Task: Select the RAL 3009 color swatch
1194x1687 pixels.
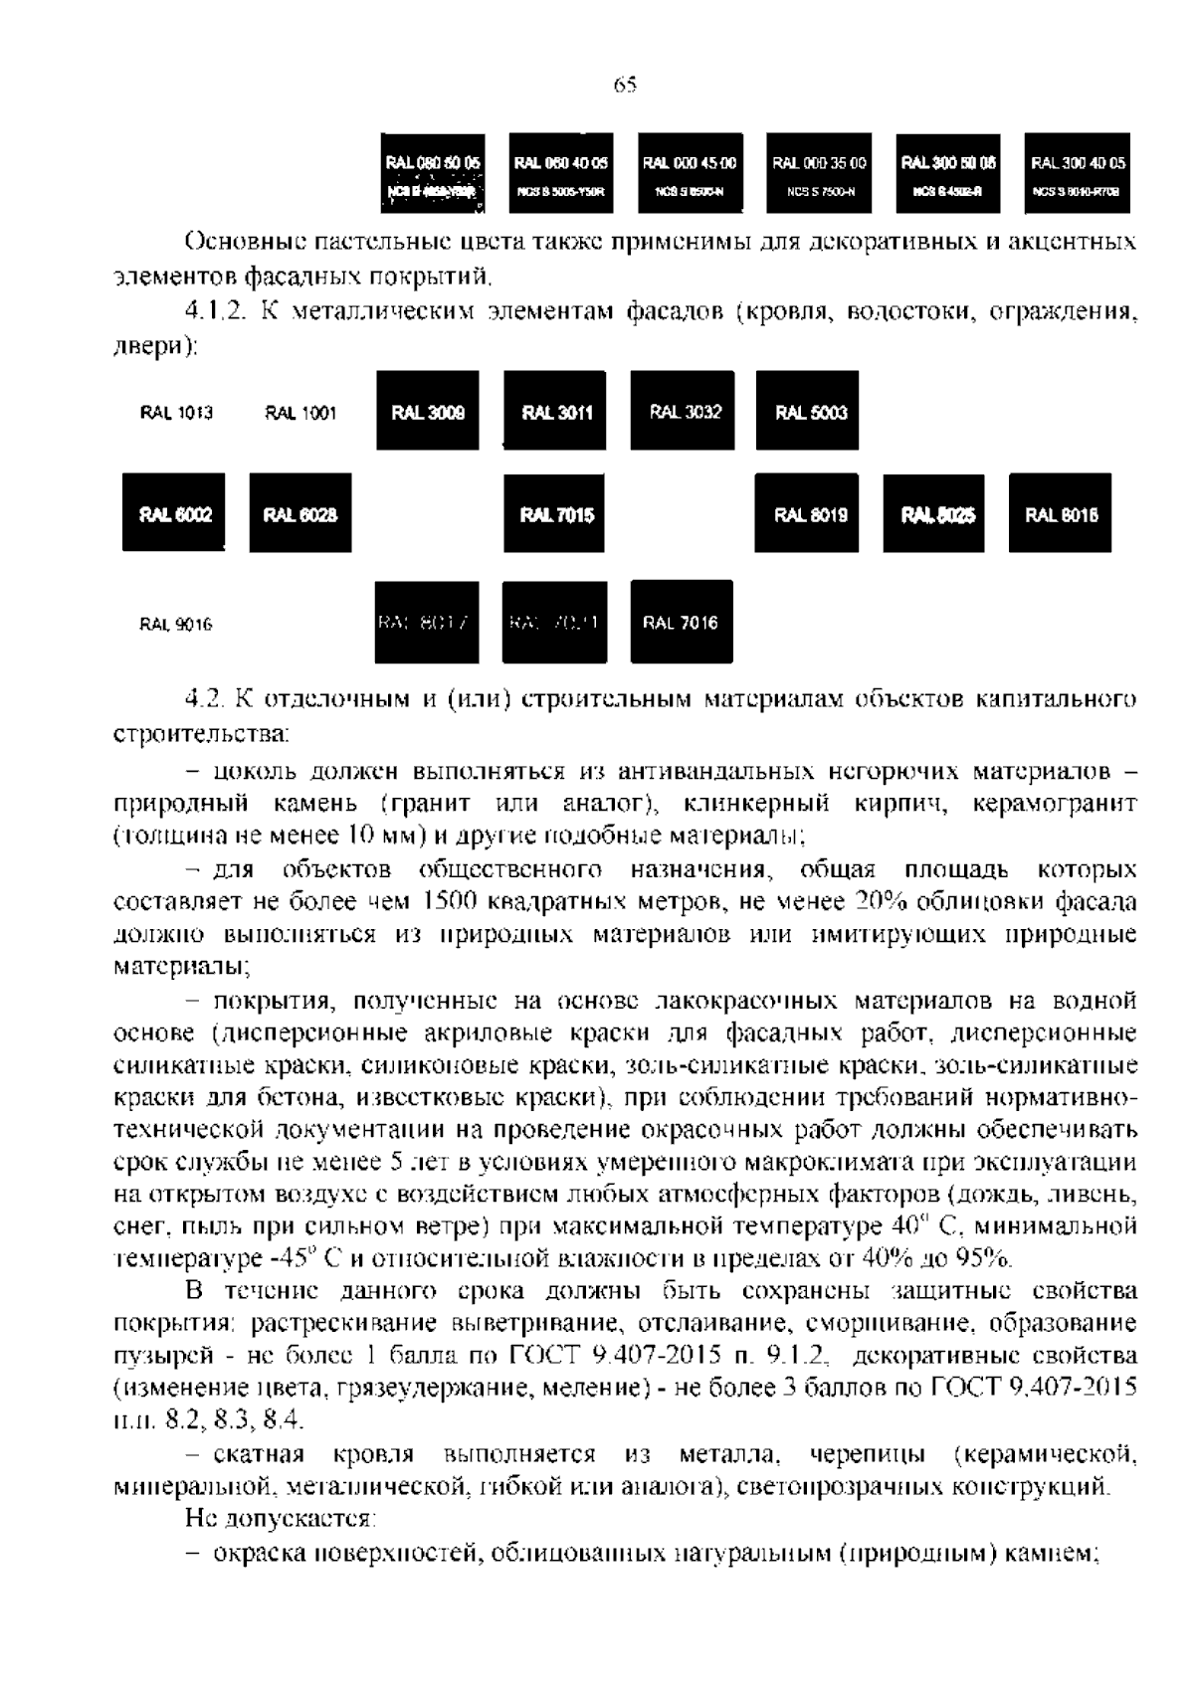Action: [428, 411]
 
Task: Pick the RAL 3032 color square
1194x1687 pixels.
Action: [683, 411]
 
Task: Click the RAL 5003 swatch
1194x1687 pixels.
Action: [808, 411]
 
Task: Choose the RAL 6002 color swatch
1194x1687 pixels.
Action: [174, 513]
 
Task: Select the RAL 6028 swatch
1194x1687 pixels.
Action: [299, 513]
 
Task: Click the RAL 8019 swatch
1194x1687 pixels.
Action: [808, 513]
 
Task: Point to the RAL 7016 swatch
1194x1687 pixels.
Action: [682, 622]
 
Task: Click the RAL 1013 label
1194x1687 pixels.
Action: [176, 413]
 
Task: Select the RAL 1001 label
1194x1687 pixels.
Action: [300, 413]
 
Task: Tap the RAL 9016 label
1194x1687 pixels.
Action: [176, 625]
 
